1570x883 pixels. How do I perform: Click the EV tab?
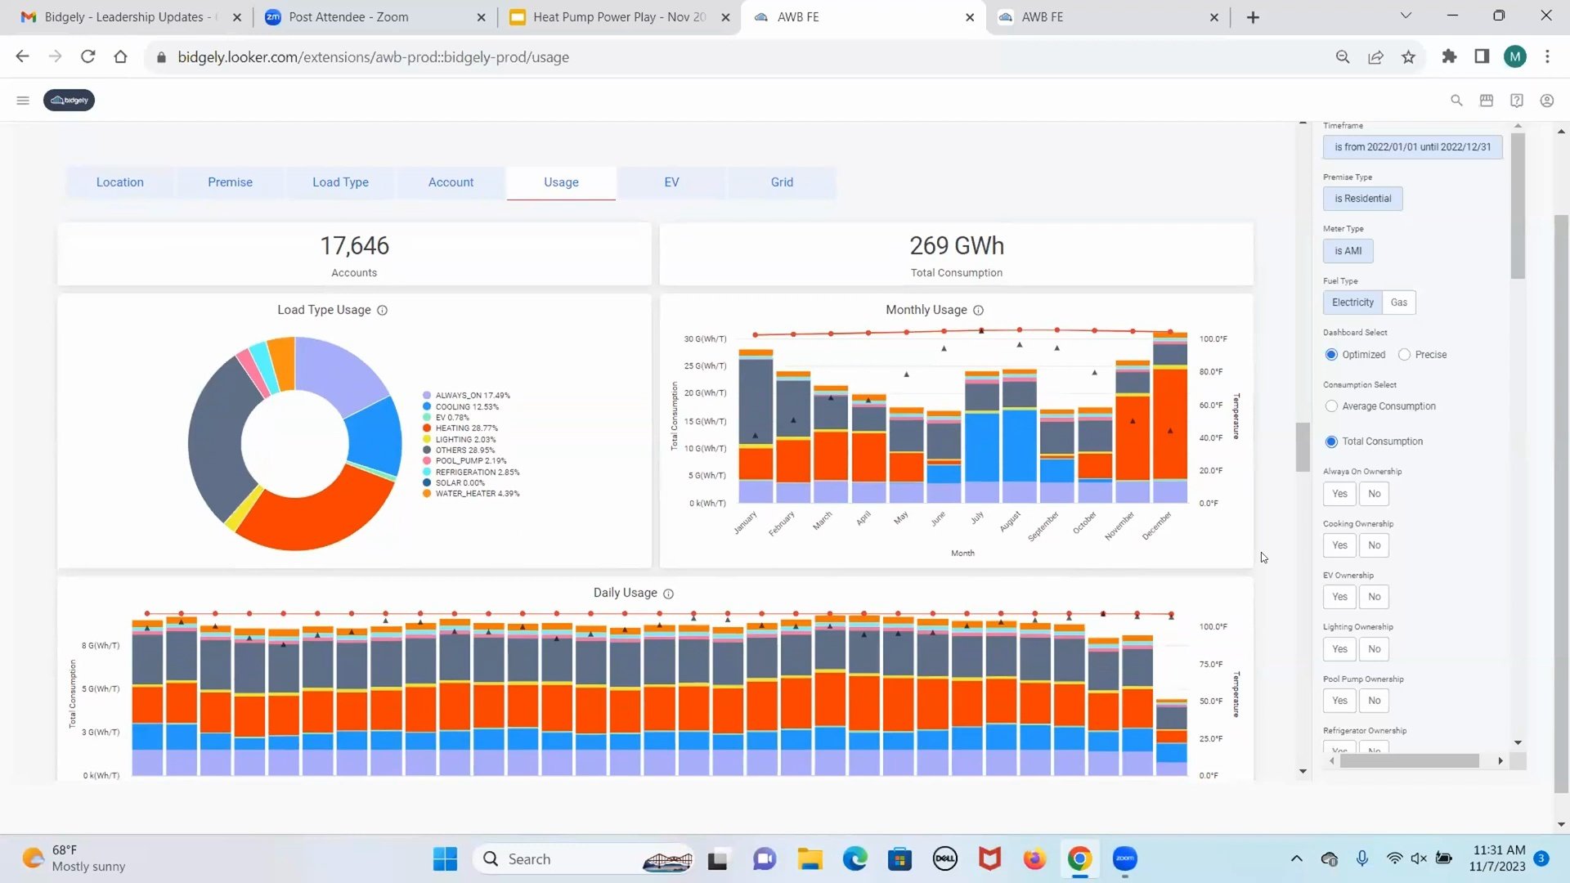[x=671, y=182]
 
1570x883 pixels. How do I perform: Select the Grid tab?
[x=782, y=182]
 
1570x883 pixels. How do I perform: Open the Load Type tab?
[x=340, y=182]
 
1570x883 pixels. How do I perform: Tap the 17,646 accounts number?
[x=354, y=246]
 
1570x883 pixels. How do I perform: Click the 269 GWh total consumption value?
[x=957, y=246]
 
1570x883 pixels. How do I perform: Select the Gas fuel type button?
[x=1399, y=303]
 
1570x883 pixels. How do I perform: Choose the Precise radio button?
[x=1405, y=355]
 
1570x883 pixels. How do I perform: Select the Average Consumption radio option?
[x=1332, y=406]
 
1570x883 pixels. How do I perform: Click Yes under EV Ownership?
[x=1339, y=597]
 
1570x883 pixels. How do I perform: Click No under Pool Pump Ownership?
[x=1375, y=701]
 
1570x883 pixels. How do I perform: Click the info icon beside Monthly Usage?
[x=979, y=311]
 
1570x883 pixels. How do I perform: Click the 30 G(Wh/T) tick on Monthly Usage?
[x=705, y=339]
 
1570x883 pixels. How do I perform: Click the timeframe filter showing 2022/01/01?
[x=1412, y=147]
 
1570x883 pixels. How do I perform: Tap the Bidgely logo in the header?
[x=69, y=101]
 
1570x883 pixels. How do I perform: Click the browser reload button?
[x=87, y=57]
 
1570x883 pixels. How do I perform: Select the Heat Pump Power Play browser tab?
[x=618, y=17]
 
